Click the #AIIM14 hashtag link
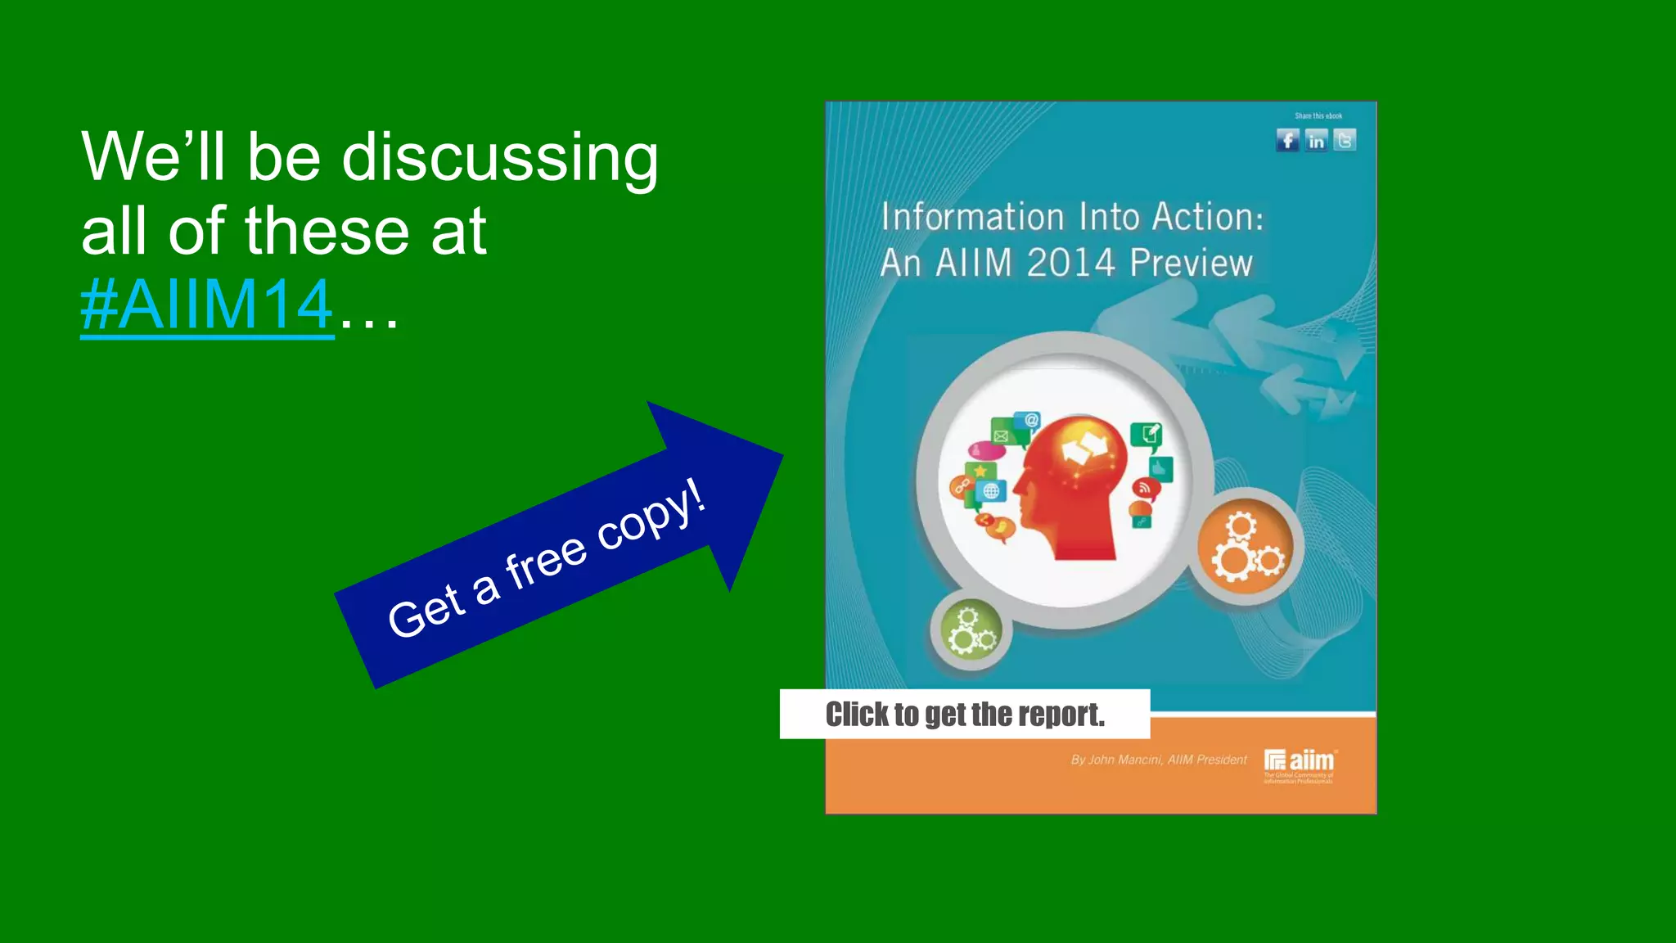207,305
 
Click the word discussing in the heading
500,157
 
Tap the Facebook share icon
1287,141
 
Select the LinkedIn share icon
1316,141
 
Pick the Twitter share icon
1345,141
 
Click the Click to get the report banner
965,715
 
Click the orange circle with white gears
1246,548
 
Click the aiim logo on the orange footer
1300,762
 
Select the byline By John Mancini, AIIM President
1159,760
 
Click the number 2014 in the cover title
1070,264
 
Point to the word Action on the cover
1207,218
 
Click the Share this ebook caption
1318,116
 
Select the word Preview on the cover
1191,264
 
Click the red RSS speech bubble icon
1145,489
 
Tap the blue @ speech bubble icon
1031,421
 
